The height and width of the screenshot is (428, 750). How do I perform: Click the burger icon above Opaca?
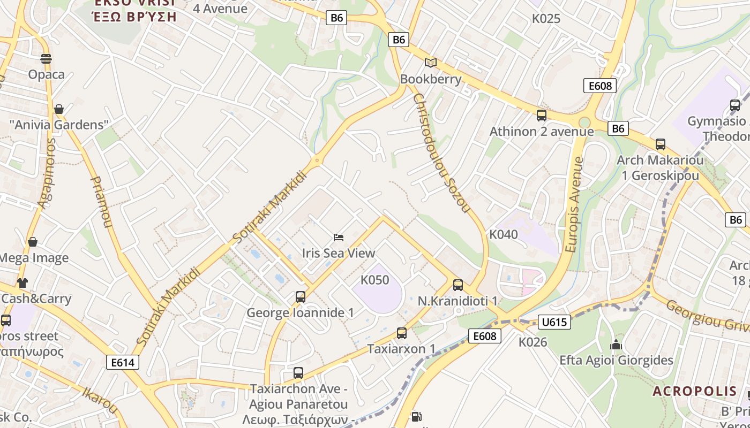pos(46,58)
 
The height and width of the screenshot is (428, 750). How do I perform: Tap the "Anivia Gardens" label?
pos(59,125)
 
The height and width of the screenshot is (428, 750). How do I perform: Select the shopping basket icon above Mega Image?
pos(33,242)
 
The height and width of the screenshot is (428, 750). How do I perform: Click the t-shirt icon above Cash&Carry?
pos(22,282)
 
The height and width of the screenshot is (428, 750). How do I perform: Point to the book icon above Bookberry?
pos(431,63)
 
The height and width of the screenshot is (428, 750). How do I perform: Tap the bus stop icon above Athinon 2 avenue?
pos(542,115)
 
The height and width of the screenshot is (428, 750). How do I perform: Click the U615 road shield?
pos(554,322)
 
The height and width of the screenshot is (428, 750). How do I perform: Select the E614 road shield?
pos(123,362)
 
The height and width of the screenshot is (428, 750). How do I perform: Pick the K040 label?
pos(504,234)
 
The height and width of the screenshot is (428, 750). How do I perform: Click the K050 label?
pos(375,280)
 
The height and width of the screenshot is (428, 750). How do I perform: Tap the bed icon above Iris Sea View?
pos(339,237)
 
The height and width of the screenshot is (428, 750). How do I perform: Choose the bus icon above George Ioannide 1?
pos(301,296)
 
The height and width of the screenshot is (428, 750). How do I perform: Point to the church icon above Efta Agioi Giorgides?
pos(616,345)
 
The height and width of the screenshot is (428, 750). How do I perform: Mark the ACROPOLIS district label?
pos(694,391)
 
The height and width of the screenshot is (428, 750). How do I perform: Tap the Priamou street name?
pos(102,202)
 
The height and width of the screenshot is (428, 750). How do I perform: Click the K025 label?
pos(546,19)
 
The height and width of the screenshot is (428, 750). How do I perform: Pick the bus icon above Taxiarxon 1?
pos(402,333)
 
